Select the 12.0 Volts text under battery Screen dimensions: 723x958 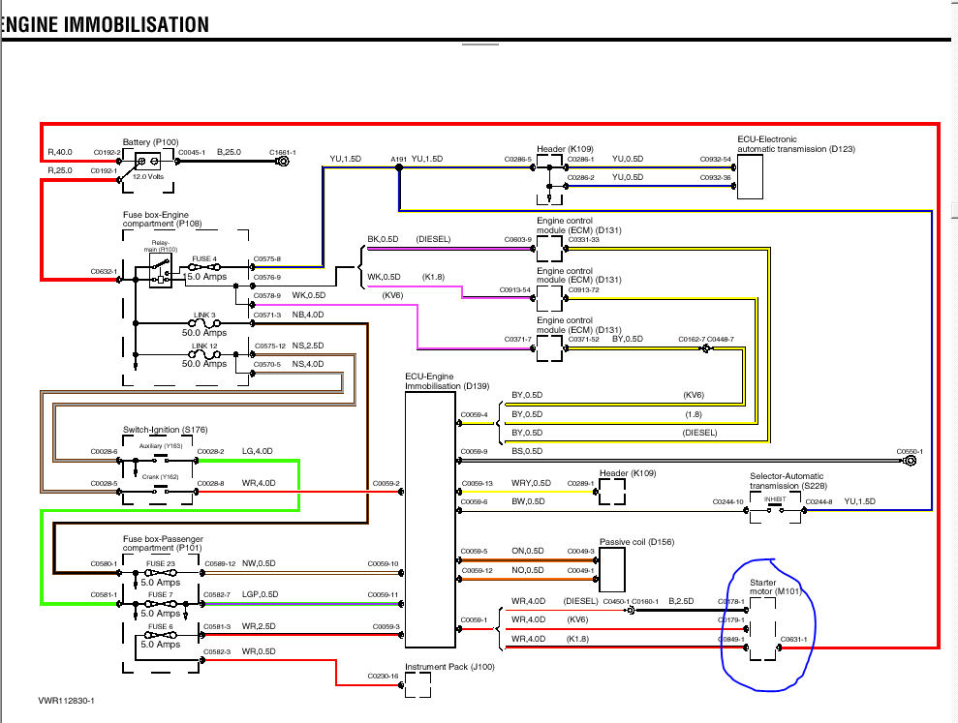pos(148,176)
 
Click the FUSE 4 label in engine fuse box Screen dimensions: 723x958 pos(203,258)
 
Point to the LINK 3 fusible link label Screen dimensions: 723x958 pos(203,316)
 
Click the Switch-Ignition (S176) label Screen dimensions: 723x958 pos(165,430)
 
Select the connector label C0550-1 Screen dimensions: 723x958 pos(909,452)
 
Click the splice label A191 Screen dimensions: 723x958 pos(398,159)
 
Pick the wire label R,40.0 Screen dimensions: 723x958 pos(60,153)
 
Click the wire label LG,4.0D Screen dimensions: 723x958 pos(258,452)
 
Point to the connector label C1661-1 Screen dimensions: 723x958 pos(282,153)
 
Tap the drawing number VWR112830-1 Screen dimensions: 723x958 pos(73,700)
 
